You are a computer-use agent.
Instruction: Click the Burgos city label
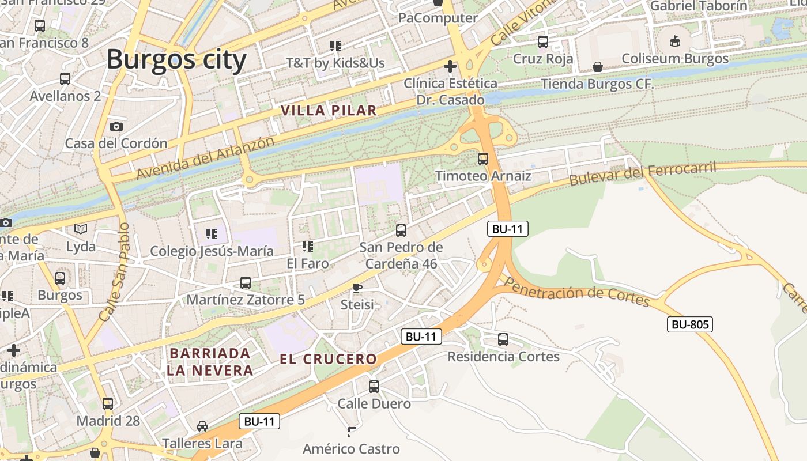[x=176, y=59]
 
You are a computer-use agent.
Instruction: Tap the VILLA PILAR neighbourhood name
[x=329, y=110]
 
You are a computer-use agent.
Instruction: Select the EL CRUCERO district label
[x=328, y=359]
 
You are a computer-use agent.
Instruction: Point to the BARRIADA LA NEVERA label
[x=210, y=362]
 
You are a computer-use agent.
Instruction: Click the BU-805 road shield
[x=690, y=324]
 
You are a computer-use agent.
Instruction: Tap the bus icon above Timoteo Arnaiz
[x=483, y=159]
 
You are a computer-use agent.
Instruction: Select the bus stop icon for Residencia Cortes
[x=503, y=339]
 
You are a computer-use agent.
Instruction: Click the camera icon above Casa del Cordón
[x=116, y=126]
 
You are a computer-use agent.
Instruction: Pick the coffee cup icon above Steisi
[x=357, y=287]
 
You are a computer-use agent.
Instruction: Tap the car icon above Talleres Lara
[x=202, y=426]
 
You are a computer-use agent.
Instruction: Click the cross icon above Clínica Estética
[x=450, y=66]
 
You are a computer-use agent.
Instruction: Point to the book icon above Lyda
[x=81, y=229]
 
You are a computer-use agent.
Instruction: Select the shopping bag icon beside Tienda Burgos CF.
[x=598, y=67]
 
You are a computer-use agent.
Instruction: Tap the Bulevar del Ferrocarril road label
[x=642, y=173]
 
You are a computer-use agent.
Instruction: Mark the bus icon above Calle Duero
[x=374, y=386]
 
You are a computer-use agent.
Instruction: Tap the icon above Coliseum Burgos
[x=675, y=41]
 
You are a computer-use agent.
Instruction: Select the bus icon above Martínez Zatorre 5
[x=246, y=283]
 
